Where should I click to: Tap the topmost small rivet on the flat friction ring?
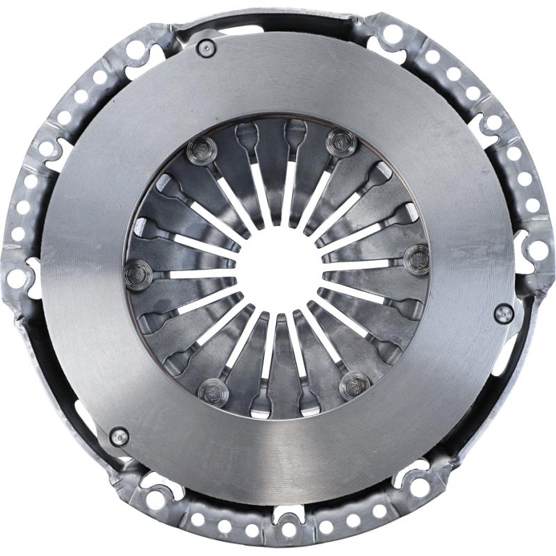click(206, 47)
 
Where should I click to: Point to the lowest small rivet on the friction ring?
click(119, 436)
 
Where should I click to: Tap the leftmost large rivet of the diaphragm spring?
click(137, 275)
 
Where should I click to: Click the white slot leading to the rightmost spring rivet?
click(361, 263)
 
